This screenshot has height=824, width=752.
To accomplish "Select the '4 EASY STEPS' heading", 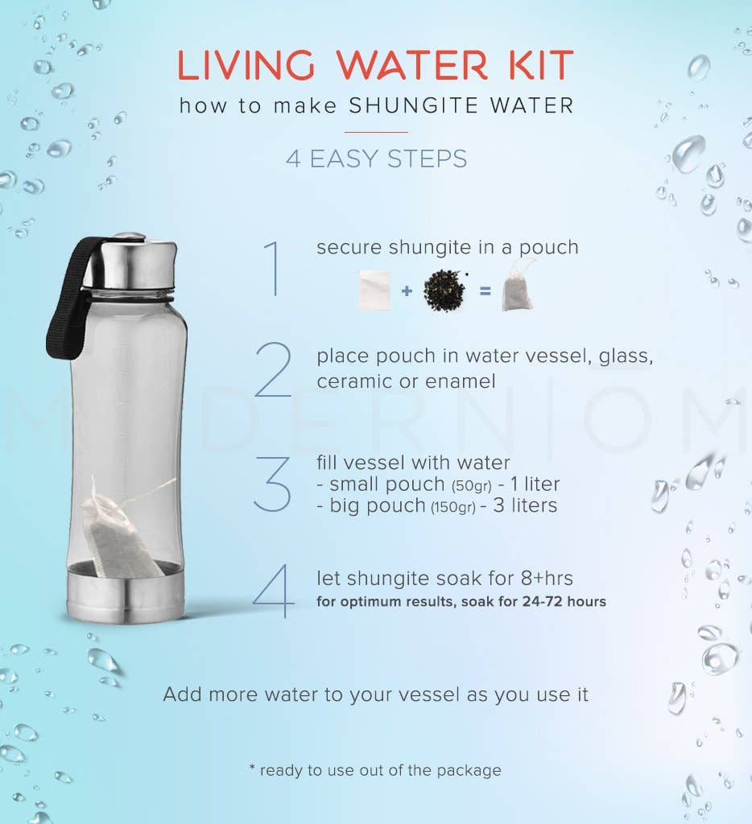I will click(x=376, y=159).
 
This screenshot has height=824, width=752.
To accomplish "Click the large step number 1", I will click(x=274, y=267).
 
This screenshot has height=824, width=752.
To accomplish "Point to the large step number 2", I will click(x=274, y=369).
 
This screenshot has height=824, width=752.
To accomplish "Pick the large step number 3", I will click(x=272, y=484).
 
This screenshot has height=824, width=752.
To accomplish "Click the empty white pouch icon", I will click(x=374, y=290).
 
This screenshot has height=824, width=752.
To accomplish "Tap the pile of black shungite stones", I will click(x=444, y=290).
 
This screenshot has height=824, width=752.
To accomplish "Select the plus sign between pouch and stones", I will click(x=407, y=290).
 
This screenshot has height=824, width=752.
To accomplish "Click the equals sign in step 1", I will click(x=484, y=290).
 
